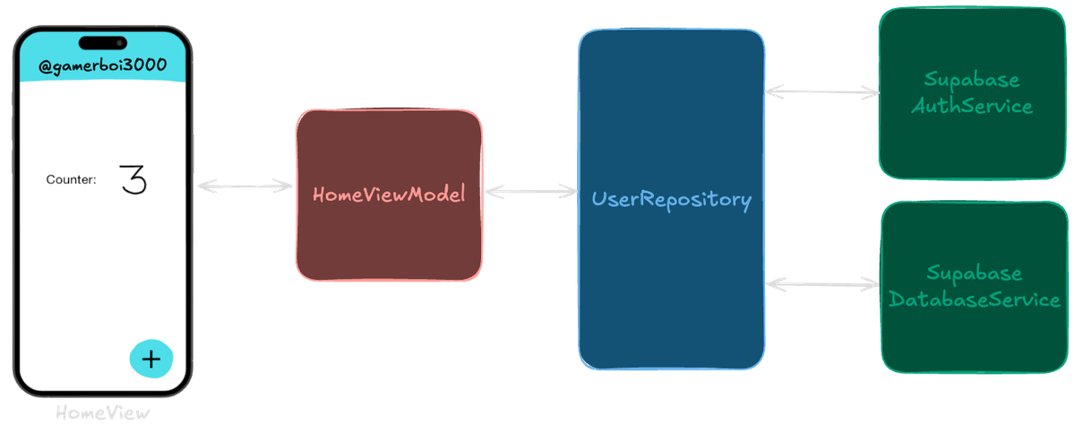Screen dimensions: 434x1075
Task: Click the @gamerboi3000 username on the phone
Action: point(102,66)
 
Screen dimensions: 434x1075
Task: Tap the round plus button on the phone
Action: point(151,358)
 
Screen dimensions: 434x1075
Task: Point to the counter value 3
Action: point(133,179)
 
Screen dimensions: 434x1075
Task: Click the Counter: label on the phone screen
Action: point(71,180)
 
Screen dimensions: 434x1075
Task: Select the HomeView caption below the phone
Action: point(102,413)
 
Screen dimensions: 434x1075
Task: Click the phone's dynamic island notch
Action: point(102,42)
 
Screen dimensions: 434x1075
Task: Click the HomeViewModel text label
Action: point(389,195)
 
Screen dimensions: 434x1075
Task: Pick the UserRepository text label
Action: point(671,199)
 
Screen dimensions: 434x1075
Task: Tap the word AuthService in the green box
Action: point(972,106)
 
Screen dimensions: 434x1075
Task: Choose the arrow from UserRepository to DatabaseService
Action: point(822,284)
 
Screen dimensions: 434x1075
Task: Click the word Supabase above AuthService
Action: point(972,81)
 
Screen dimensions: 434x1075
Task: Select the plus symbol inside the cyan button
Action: point(151,359)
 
